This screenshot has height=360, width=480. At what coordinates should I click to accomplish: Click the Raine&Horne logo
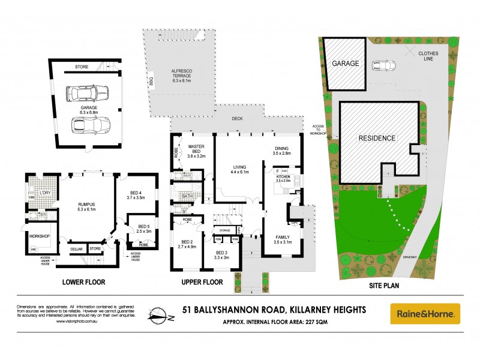425,313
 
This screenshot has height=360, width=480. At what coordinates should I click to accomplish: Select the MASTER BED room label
197,151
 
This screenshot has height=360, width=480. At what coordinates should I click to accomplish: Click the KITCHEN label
283,178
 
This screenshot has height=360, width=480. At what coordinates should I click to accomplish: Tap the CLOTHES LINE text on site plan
428,55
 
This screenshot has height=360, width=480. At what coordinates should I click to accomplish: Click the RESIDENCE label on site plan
377,138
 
